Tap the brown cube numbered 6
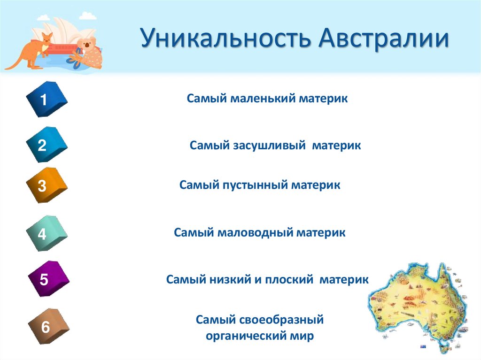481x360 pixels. [47, 327]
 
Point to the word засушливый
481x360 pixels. [269, 146]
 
